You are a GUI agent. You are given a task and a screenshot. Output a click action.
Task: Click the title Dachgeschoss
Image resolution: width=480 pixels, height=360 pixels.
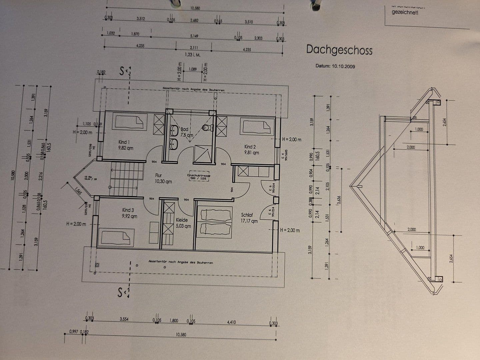pyautogui.click(x=339, y=50)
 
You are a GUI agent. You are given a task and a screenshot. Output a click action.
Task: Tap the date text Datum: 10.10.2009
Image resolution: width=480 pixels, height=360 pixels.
pyautogui.click(x=335, y=66)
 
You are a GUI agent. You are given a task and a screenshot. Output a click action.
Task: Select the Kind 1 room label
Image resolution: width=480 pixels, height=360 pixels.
pyautogui.click(x=125, y=145)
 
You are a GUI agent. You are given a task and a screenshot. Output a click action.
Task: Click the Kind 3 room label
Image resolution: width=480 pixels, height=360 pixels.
pyautogui.click(x=129, y=213)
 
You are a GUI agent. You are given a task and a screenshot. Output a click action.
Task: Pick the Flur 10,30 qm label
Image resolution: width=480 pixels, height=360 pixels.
pyautogui.click(x=163, y=178)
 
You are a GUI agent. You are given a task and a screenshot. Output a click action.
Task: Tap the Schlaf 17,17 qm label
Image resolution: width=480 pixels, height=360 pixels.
pyautogui.click(x=249, y=218)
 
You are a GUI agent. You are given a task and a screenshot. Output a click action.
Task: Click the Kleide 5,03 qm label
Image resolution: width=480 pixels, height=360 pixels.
pyautogui.click(x=183, y=223)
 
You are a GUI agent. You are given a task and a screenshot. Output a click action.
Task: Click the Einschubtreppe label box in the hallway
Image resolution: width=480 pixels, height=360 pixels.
pyautogui.click(x=199, y=176)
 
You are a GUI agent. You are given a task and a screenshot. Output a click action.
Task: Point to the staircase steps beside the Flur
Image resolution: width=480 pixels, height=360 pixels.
pyautogui.click(x=124, y=179)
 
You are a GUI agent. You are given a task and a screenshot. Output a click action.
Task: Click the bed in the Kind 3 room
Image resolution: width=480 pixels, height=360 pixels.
pyautogui.click(x=116, y=237)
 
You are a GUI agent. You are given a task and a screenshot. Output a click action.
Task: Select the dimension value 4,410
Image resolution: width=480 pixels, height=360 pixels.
pyautogui.click(x=231, y=322)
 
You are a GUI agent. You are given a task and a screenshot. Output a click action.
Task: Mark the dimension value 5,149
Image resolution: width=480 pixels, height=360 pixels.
pyautogui.click(x=194, y=36)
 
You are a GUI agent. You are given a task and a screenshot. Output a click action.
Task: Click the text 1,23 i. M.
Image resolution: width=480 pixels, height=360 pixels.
pyautogui.click(x=193, y=55)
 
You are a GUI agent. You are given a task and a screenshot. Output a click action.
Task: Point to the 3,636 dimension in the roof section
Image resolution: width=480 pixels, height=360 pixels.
pyautogui.click(x=339, y=200)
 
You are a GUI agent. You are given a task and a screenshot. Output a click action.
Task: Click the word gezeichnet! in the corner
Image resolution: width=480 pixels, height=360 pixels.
pyautogui.click(x=405, y=12)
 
